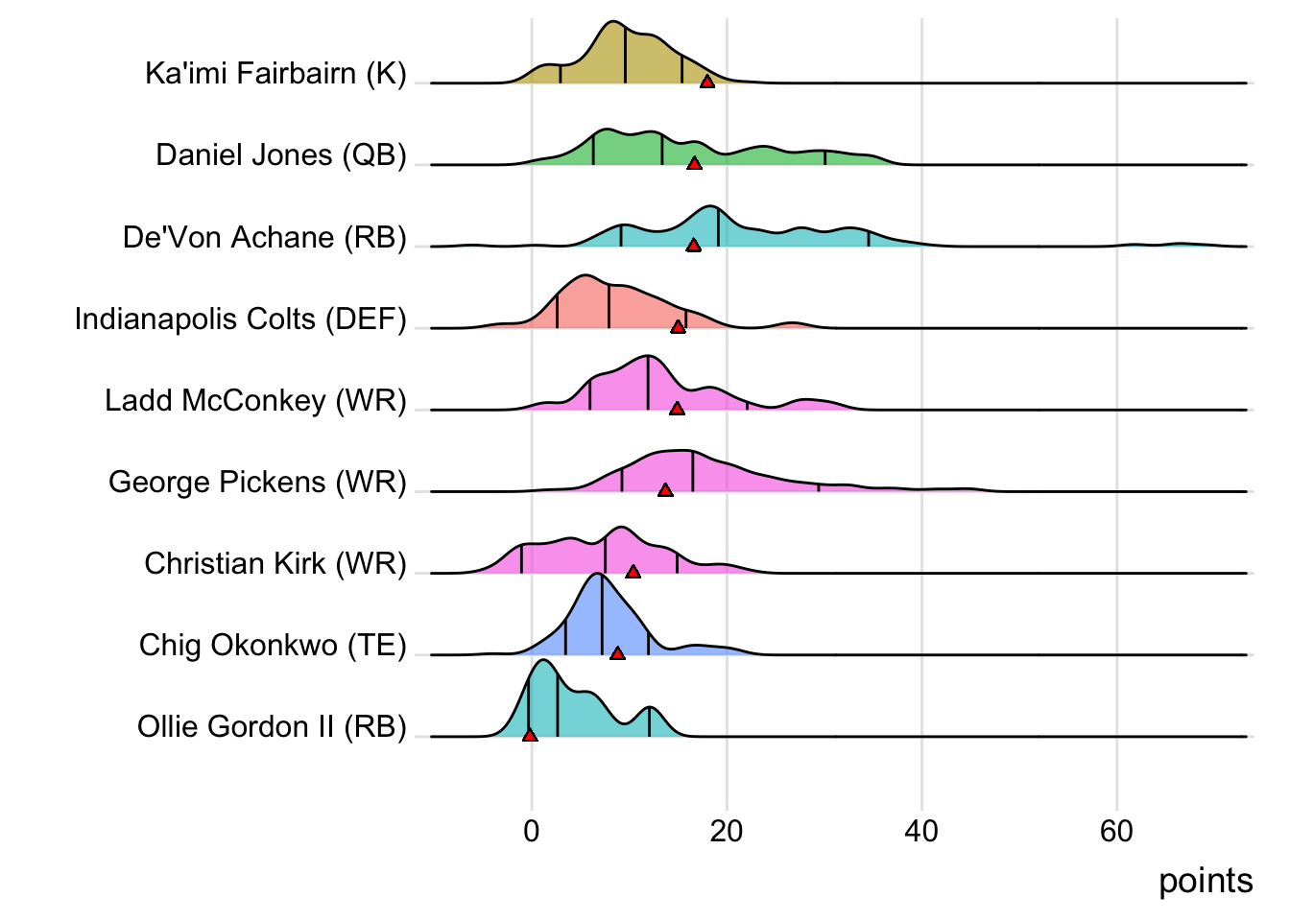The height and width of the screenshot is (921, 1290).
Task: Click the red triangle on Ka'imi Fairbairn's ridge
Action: click(x=707, y=83)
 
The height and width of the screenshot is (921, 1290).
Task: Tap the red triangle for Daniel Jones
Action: click(x=695, y=164)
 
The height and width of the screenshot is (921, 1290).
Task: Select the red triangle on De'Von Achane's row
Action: click(x=694, y=246)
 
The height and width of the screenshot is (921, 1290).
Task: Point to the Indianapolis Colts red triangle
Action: click(x=679, y=327)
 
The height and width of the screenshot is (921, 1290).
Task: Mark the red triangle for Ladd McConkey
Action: click(x=678, y=409)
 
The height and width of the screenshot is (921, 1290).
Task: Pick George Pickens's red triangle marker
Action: click(x=665, y=490)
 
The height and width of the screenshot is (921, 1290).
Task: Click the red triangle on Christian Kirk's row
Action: click(x=633, y=572)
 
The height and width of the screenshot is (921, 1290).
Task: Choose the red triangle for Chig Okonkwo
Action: click(x=617, y=653)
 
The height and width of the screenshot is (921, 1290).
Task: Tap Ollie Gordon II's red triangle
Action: click(x=530, y=735)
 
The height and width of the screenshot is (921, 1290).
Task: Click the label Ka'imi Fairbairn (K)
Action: click(x=275, y=74)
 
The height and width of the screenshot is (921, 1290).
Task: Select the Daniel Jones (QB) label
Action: click(x=281, y=155)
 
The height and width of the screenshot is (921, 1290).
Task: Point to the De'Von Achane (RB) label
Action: click(x=265, y=237)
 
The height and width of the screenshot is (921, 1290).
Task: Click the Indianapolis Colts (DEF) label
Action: click(x=241, y=319)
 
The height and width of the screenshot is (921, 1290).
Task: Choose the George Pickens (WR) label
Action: click(x=257, y=482)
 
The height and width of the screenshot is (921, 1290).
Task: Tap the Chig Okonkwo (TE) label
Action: click(x=273, y=645)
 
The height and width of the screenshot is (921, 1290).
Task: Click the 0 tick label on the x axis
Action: click(x=532, y=831)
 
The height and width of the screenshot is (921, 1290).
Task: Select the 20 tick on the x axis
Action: click(x=727, y=831)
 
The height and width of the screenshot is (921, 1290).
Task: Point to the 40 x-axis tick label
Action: click(x=921, y=831)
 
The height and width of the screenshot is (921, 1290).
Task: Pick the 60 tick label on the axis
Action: click(x=1116, y=831)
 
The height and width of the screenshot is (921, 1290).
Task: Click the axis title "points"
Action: click(x=1206, y=881)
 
